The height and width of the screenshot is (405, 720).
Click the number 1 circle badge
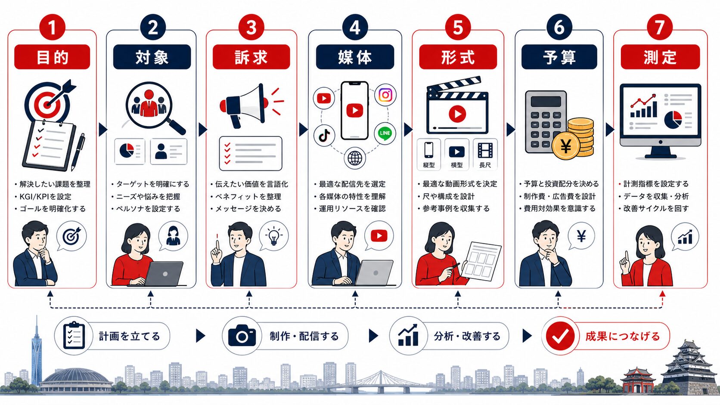52,27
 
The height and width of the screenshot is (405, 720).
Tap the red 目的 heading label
52,57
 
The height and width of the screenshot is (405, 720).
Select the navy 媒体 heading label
355,57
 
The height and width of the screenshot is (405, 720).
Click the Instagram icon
385,95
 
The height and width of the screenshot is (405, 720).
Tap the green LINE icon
385,133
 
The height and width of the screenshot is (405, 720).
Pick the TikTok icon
324,135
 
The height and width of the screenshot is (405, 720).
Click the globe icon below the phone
354,158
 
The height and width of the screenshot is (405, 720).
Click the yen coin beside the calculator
566,147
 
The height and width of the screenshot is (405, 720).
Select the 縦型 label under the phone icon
429,165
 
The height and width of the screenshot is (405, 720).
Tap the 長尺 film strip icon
485,150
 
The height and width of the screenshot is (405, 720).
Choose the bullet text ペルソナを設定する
148,209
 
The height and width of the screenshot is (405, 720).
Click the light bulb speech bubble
273,236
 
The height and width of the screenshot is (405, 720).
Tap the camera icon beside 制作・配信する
242,336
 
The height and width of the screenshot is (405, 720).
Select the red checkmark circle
560,336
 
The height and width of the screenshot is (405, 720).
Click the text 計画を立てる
129,336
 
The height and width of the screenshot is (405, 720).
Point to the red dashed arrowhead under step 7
662,294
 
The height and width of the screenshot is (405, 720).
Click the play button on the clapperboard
457,114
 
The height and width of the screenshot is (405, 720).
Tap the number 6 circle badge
559,27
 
